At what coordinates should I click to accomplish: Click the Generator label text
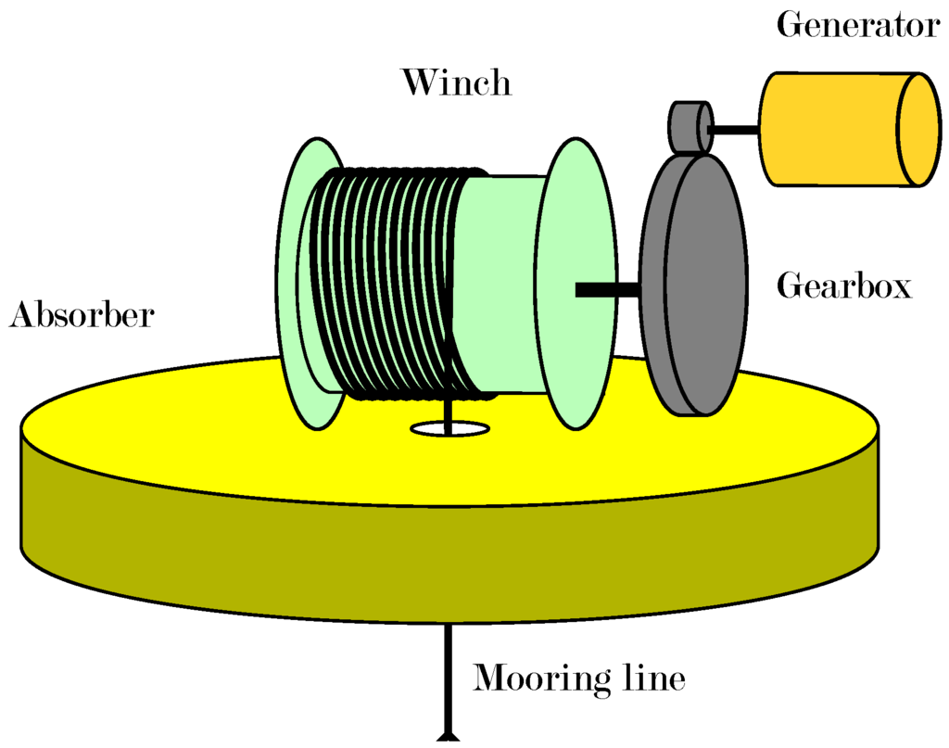point(857,25)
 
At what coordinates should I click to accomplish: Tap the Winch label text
point(455,82)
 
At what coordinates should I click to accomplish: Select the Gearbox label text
point(843,285)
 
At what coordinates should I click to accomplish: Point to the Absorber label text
point(81,316)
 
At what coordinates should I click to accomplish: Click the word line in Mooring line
point(652,679)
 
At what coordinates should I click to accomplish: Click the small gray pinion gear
point(687,126)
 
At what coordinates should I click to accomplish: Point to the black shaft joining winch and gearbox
point(608,290)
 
